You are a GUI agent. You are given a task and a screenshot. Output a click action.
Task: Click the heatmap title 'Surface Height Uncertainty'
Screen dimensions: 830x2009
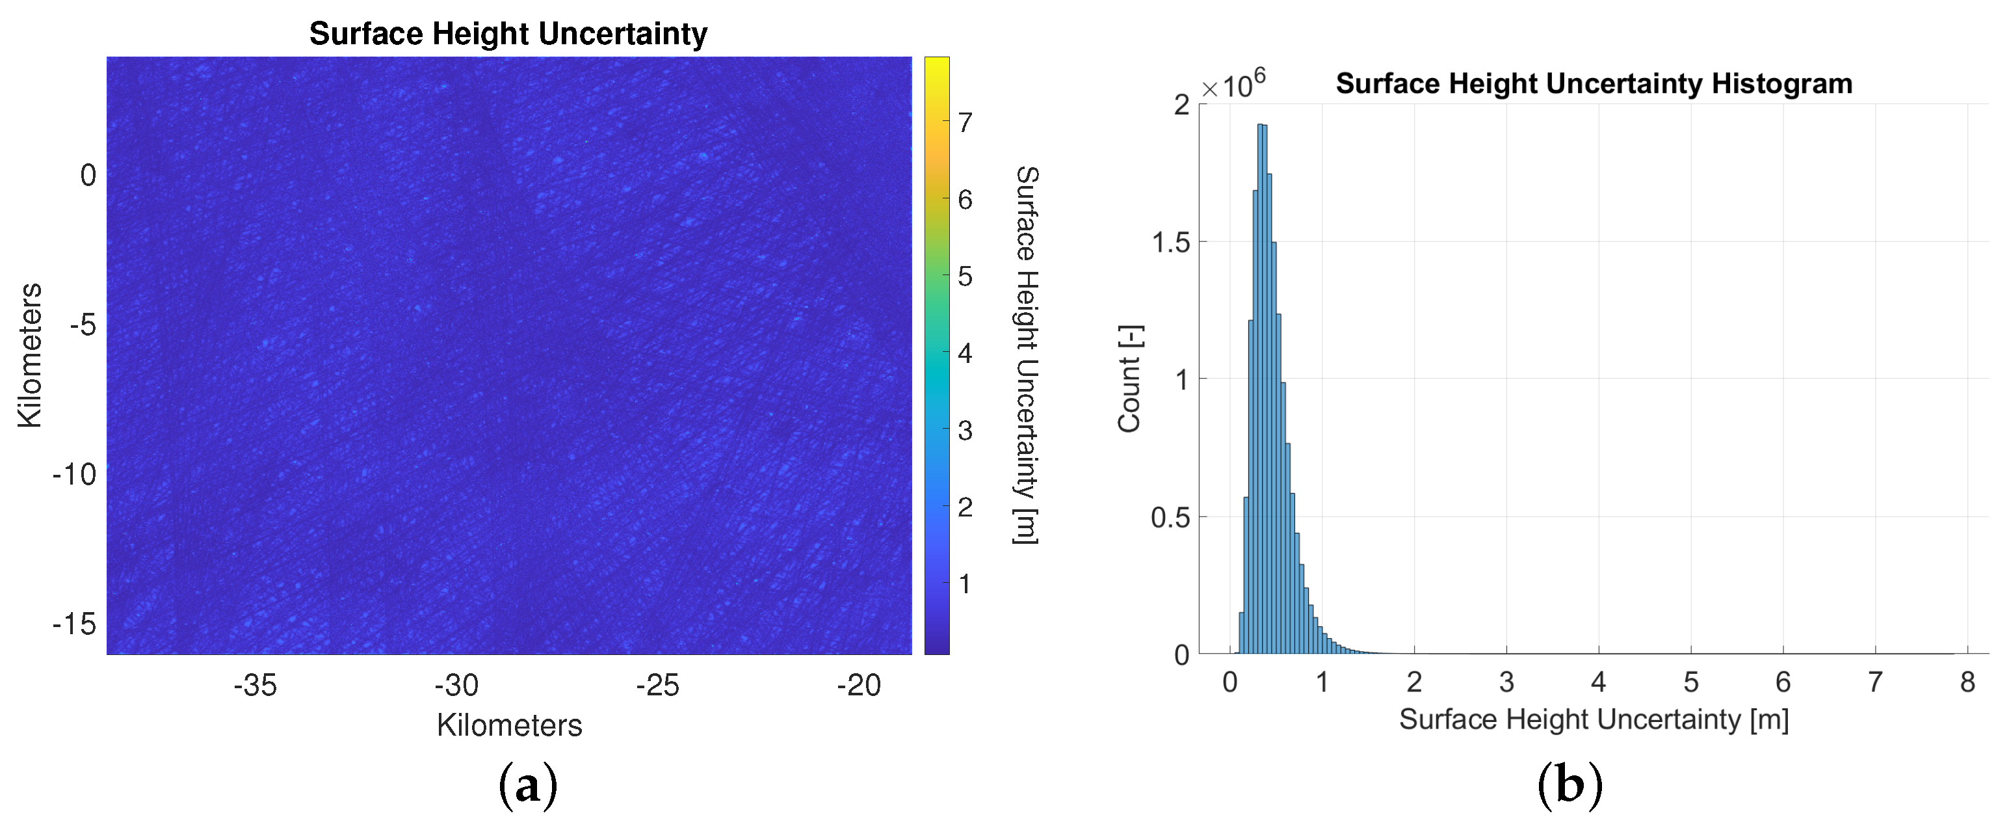click(508, 34)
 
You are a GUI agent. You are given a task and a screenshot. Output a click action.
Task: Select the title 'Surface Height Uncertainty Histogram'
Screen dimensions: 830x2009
click(1594, 83)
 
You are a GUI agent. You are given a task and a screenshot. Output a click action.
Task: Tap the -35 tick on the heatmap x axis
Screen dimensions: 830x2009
click(255, 685)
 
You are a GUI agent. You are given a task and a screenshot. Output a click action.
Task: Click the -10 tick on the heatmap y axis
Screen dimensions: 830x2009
click(75, 474)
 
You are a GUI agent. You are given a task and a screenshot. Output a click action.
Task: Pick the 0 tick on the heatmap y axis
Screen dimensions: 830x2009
click(88, 176)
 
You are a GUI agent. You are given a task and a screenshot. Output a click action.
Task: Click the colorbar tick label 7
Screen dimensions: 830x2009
click(965, 122)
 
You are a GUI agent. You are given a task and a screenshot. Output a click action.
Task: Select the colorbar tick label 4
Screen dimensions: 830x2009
click(965, 353)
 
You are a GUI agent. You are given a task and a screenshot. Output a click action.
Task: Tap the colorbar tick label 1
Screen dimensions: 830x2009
click(965, 583)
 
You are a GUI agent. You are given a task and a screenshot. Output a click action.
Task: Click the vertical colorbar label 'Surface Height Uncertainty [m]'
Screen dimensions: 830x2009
click(1027, 355)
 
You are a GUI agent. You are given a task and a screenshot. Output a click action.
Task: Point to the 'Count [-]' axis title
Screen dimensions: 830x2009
click(1130, 379)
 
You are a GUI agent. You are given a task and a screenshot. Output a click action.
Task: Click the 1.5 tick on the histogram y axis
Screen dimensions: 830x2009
click(1171, 243)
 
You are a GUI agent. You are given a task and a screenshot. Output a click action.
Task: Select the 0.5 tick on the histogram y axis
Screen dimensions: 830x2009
click(1171, 517)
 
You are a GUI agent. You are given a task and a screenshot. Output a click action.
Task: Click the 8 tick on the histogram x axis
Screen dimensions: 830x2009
click(1967, 682)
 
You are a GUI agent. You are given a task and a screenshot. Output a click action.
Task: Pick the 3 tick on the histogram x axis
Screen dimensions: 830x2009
click(1506, 682)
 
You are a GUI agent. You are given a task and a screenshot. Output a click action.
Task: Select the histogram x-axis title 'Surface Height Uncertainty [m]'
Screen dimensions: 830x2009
click(1594, 719)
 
